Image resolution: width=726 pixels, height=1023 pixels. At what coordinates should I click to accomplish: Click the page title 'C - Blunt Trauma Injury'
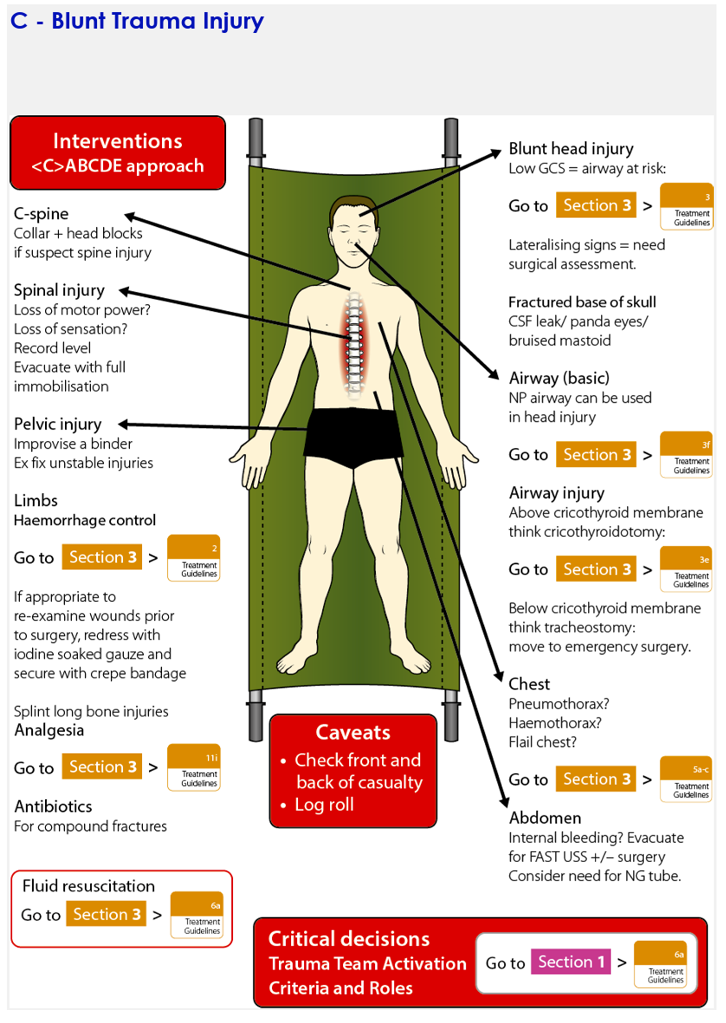click(137, 21)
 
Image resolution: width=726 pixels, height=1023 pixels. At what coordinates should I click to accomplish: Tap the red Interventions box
click(118, 153)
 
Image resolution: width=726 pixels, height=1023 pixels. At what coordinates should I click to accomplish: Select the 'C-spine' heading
click(42, 213)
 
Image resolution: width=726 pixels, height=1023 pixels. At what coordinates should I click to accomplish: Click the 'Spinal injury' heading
click(59, 290)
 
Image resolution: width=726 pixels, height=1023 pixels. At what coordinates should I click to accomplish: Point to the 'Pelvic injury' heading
click(58, 424)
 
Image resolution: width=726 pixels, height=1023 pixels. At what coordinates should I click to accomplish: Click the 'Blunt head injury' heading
click(571, 148)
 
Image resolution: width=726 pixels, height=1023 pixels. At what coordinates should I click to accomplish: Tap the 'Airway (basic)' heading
click(559, 378)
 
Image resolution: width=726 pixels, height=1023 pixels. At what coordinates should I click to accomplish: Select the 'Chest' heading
click(529, 684)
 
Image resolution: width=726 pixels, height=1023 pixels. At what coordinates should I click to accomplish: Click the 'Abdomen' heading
click(545, 818)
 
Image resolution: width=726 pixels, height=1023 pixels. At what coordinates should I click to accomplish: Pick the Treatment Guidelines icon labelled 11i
click(194, 767)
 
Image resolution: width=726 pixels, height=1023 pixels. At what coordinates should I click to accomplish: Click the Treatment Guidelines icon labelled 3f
click(686, 454)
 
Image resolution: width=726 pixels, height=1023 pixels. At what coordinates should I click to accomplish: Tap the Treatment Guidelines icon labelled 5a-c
click(686, 779)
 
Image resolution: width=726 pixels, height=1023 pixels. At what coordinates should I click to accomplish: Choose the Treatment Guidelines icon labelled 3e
click(686, 569)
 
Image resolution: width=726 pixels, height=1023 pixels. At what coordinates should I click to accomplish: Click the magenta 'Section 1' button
click(571, 962)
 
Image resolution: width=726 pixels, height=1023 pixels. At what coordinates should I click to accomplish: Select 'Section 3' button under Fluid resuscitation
click(107, 915)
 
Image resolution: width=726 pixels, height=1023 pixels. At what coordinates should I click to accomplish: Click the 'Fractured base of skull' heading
click(582, 302)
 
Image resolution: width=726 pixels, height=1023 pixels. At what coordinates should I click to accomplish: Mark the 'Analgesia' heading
click(49, 730)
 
